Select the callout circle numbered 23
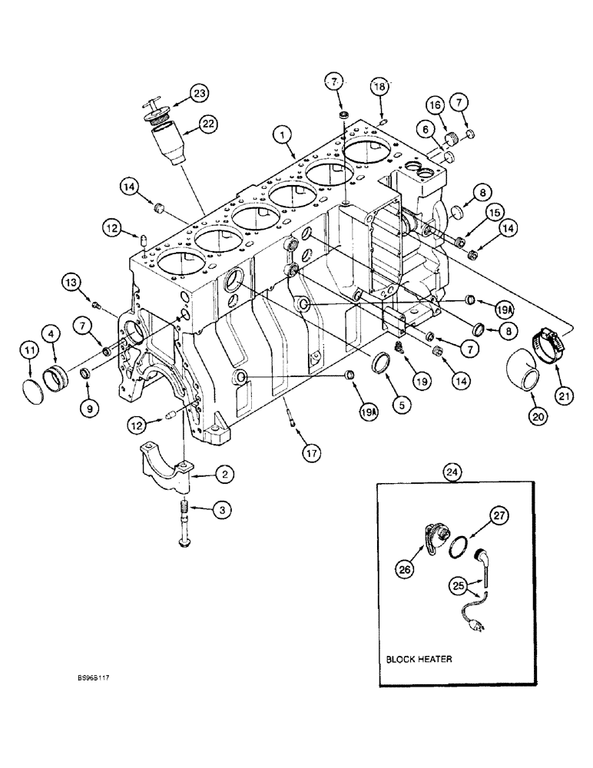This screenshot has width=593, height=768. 200,94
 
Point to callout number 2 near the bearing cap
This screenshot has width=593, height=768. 224,476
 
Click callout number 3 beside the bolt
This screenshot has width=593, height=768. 224,508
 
